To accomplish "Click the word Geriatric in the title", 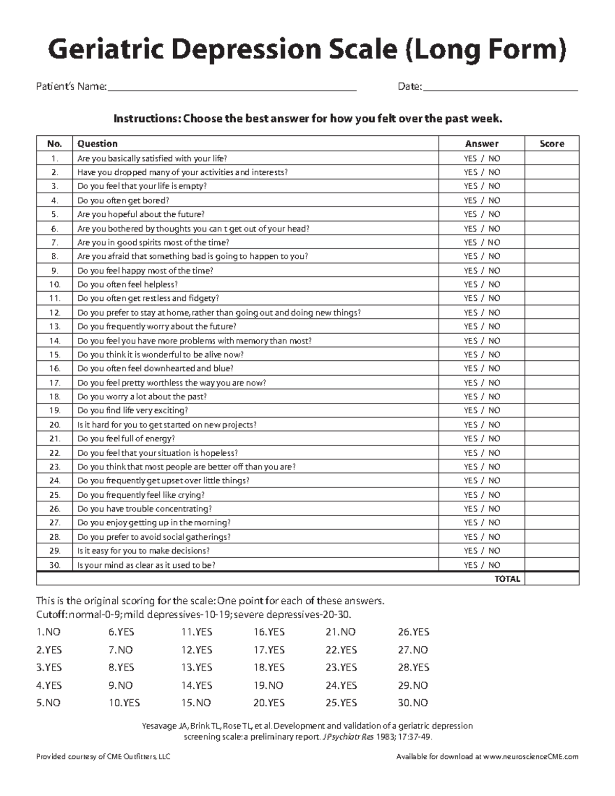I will [106, 50].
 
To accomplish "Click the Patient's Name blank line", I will [231, 87].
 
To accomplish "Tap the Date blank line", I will [500, 87].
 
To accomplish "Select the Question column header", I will [97, 144].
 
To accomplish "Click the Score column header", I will [551, 144].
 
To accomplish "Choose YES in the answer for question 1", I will [470, 158].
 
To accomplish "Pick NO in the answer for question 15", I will [494, 355].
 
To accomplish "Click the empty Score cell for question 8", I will [551, 256].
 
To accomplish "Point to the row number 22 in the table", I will [55, 453].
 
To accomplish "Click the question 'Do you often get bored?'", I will [123, 200].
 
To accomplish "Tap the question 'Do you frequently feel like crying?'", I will [141, 495].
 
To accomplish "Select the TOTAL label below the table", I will [507, 579].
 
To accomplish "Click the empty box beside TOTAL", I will [551, 579].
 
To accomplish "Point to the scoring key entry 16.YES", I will [269, 632].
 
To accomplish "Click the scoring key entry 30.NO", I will [413, 703].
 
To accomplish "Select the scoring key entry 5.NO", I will [48, 703].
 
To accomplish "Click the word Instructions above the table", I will [147, 119].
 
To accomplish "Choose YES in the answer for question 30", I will [470, 565].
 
